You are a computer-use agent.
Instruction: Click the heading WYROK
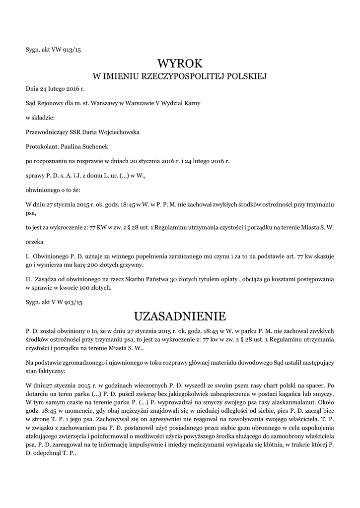(180, 63)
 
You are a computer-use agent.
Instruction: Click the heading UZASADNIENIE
(180, 316)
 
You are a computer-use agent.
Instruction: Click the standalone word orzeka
(34, 243)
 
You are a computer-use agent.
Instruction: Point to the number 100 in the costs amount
(97, 287)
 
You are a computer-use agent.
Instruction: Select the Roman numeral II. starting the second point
(29, 280)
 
